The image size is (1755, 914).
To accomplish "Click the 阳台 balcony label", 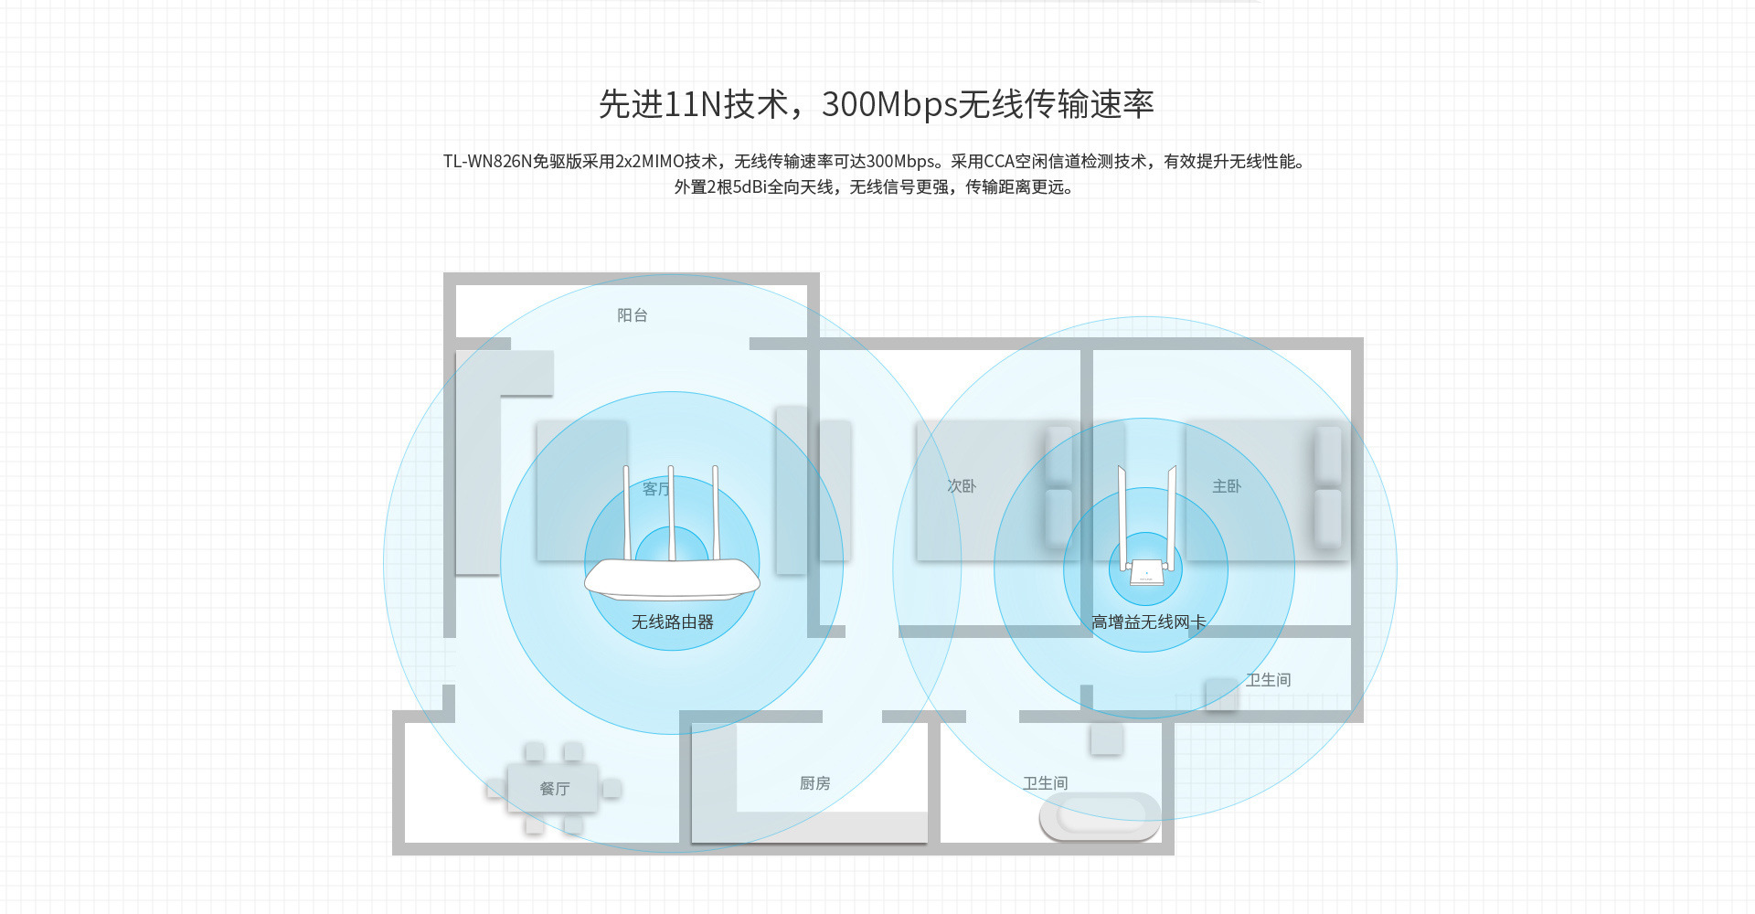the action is pos(632,315).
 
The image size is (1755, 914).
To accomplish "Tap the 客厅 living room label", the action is pos(655,489).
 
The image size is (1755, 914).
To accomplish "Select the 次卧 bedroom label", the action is pos(962,486).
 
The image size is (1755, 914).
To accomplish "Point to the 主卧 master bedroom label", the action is pos(1227,486).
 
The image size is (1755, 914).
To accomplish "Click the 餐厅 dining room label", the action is pos(555,789).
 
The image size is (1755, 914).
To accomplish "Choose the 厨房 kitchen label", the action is pos(814,783).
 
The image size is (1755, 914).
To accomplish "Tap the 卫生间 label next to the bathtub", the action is pos(1045,783).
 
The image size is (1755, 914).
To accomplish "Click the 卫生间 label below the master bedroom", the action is pos(1268,680).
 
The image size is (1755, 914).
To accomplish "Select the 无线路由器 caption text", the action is pos(672,622).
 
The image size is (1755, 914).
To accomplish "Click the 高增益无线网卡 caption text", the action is pos(1148,622).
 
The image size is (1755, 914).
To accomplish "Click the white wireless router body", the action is pos(672,579).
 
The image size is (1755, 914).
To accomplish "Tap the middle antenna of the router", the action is pos(671,512).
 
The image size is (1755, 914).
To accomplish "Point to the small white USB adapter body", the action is pos(1145,573).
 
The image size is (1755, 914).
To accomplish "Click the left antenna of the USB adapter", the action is pos(1122,512).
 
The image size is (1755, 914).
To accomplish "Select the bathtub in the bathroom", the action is pos(1100,815).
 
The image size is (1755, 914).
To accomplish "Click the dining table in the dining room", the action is pos(555,788).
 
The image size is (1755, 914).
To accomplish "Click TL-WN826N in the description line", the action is pos(487,162).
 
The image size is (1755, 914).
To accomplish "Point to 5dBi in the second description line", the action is pos(749,187).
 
